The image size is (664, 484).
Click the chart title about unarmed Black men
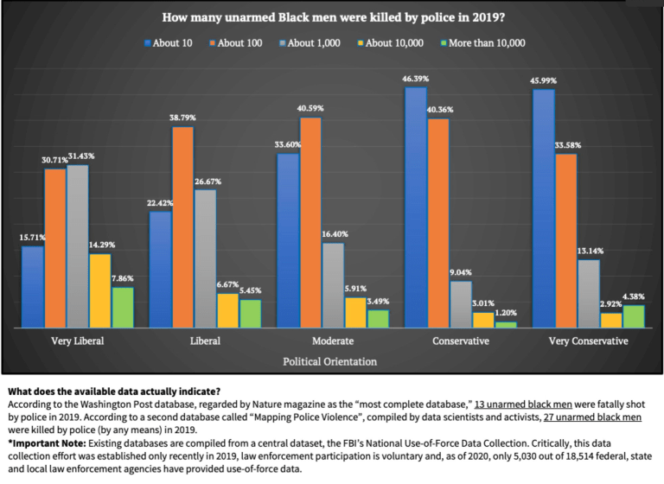pyautogui.click(x=332, y=17)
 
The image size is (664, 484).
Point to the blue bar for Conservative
pyautogui.click(x=415, y=207)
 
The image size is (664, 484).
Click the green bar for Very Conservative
pyautogui.click(x=633, y=316)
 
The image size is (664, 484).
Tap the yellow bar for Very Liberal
pyautogui.click(x=99, y=290)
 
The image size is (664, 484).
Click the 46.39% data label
pyautogui.click(x=415, y=79)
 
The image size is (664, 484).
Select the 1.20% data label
pyautogui.click(x=506, y=314)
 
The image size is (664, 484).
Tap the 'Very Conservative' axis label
pyautogui.click(x=588, y=341)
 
